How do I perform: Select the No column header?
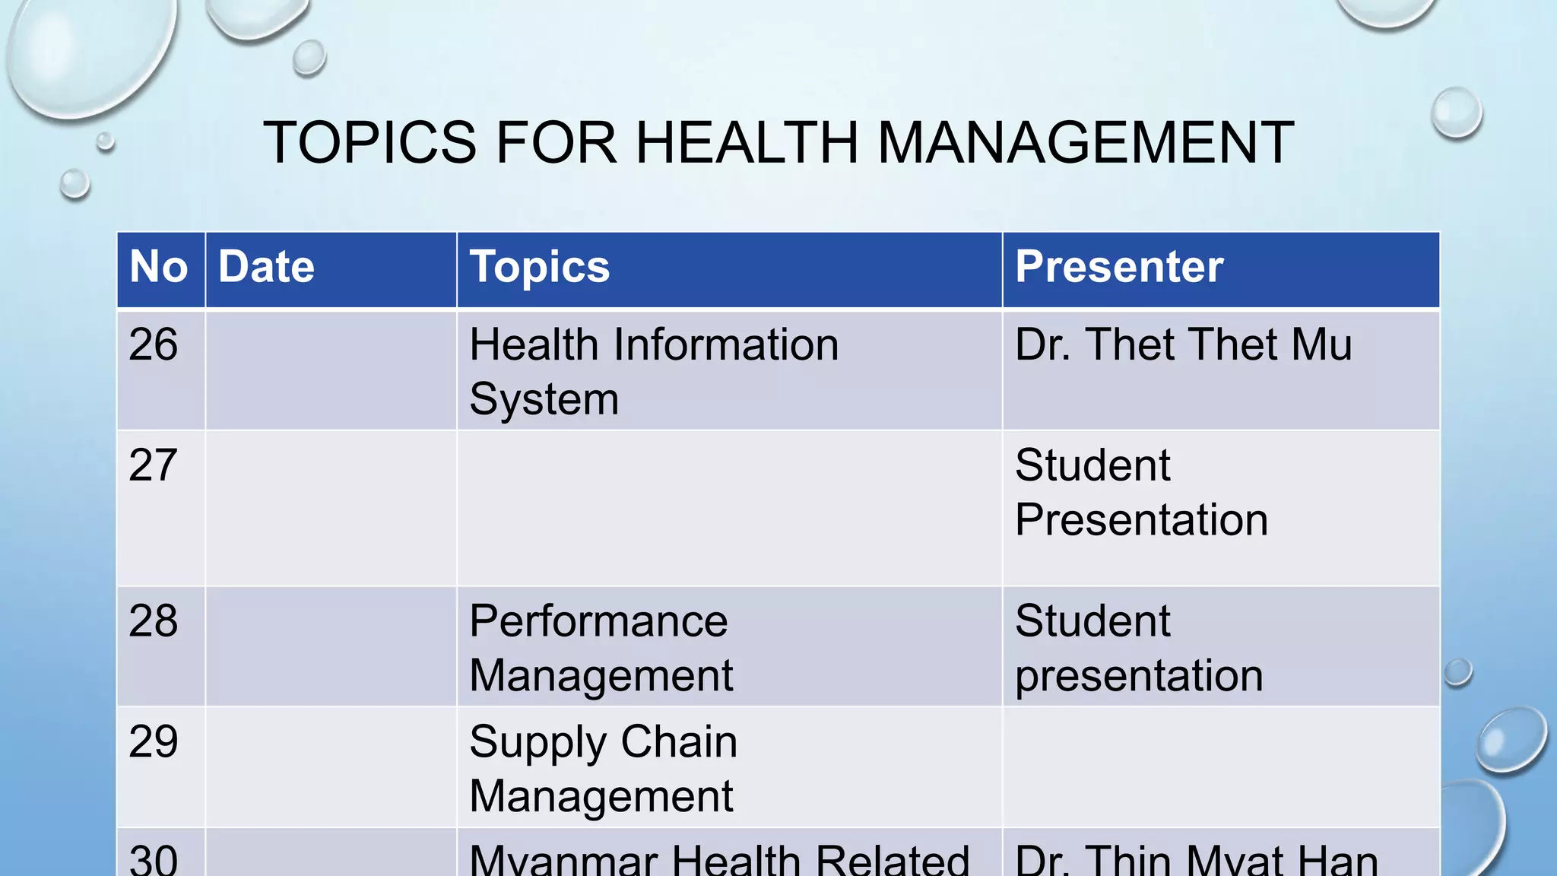pos(159,267)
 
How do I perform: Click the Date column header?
pos(266,267)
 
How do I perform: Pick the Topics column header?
pos(540,267)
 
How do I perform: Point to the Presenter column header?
pos(1119,267)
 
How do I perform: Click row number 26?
pos(154,344)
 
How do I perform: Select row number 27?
pos(154,465)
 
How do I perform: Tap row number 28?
pos(154,621)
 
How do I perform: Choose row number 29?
pos(154,742)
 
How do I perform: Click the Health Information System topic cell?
pos(654,371)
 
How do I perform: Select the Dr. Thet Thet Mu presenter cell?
pos(1184,344)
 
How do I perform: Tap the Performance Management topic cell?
pos(601,648)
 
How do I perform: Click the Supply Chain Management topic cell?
pos(603,769)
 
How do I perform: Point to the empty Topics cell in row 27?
pos(728,508)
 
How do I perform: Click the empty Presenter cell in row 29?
pos(1220,766)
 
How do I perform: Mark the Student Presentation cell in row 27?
pos(1141,493)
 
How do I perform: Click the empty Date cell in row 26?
pos(331,370)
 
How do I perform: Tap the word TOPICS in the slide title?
pos(370,142)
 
